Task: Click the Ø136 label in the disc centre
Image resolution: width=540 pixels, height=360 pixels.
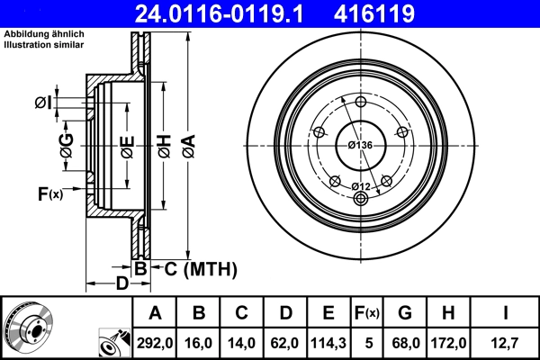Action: [361, 145]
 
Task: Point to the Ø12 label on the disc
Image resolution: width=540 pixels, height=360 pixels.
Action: [361, 186]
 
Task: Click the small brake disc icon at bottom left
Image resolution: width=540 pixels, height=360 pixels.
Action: [28, 328]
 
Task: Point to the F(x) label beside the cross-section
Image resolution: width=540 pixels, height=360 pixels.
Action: [49, 193]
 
